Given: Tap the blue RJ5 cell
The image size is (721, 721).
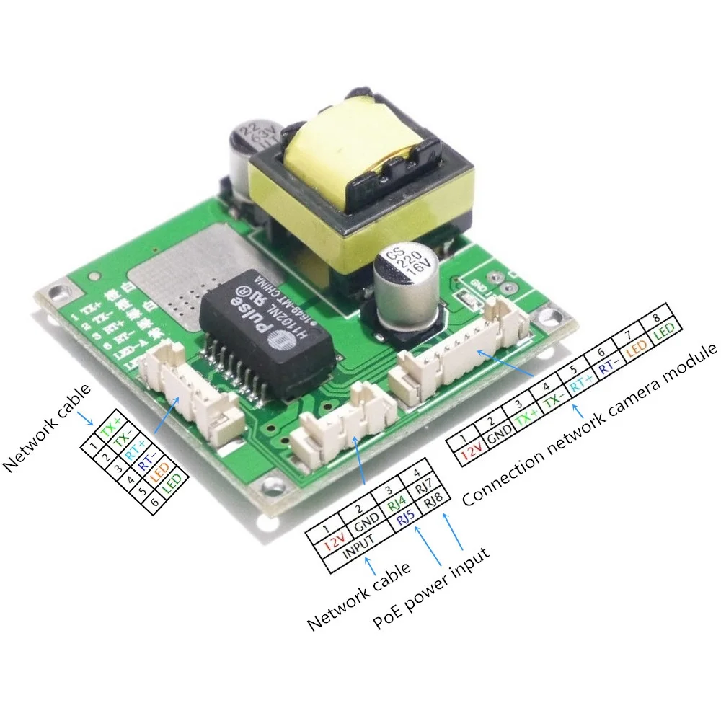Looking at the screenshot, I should click(x=405, y=518).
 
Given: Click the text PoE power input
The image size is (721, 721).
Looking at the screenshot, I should click(x=431, y=588).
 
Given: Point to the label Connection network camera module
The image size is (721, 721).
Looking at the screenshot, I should click(x=591, y=425).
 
